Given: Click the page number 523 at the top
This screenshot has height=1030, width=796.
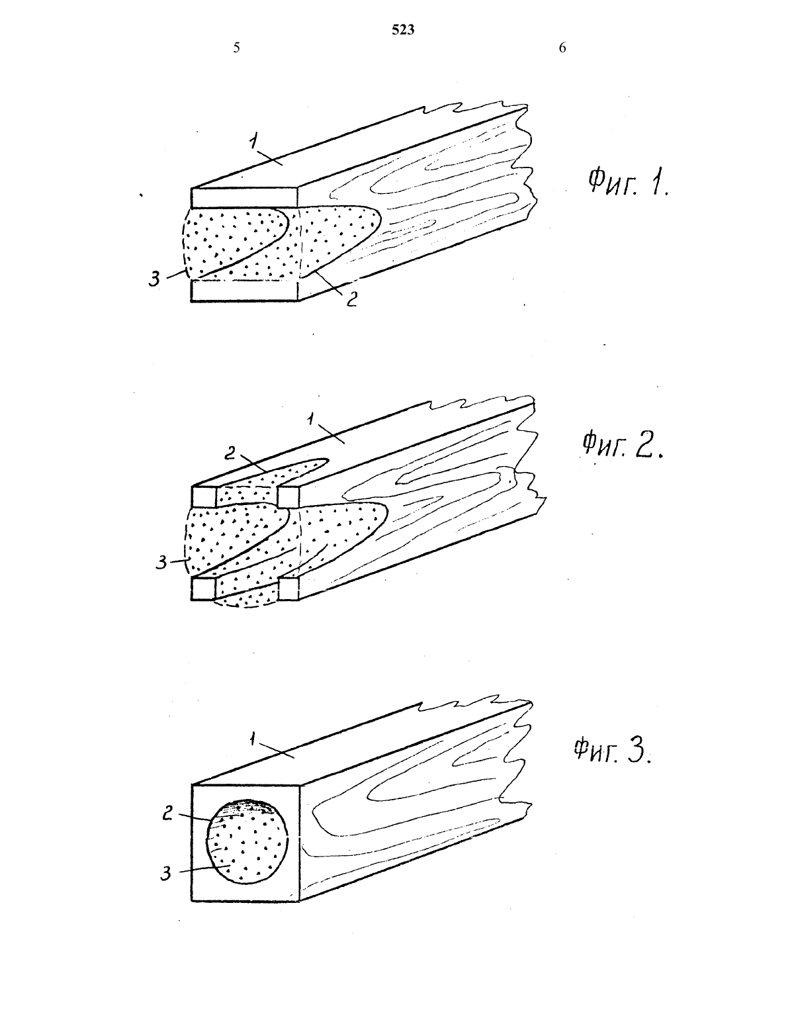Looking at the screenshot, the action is pos(403,30).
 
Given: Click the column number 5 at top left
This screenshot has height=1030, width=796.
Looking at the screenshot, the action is pos(236,48).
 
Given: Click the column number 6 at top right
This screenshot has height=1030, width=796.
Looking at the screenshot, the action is pos(562,48).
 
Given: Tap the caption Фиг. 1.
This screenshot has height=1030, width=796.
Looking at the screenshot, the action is pos(628,183).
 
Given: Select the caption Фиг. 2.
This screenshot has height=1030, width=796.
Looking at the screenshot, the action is pos(622,445).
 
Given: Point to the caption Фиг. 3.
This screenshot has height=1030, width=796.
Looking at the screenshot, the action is pos(612,749).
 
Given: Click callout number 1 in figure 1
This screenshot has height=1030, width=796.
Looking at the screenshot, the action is pos(255,141).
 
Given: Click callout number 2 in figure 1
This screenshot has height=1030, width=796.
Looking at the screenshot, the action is pos(351,299).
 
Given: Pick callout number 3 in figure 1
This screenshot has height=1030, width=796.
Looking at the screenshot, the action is pos(154,279).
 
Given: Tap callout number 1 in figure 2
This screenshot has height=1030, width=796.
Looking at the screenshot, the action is pos(311,419).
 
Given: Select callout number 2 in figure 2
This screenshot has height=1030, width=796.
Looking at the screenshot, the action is pos(230,453).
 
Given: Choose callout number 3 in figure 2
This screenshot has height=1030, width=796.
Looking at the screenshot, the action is pos(161,563).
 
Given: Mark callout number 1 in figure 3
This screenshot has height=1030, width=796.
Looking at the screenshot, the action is pos(253,739).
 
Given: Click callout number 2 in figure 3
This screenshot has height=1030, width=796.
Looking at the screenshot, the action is pos(167,814).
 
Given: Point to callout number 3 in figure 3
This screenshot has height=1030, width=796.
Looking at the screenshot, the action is pos(165,873).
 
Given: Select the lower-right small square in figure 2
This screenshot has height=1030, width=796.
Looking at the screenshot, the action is pos(288,589).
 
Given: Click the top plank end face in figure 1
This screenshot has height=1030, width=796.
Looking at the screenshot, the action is pos(244,198).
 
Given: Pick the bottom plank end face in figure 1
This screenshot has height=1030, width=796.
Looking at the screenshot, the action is pos(244,291).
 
